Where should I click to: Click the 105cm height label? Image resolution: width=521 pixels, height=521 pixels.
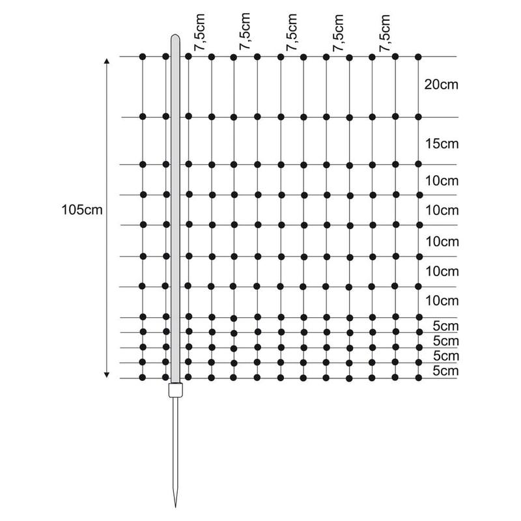tap(82, 210)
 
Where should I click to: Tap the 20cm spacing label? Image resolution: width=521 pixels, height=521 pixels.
tap(442, 85)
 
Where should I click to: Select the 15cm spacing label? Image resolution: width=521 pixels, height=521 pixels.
tap(442, 144)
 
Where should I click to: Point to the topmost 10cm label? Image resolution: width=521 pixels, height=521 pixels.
tap(442, 181)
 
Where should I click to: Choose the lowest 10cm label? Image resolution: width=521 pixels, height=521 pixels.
tap(442, 301)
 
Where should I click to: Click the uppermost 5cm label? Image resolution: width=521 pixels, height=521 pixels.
tap(445, 326)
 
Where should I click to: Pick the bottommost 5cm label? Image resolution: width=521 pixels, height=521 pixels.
tap(445, 371)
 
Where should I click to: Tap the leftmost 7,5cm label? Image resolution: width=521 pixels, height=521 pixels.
tap(200, 32)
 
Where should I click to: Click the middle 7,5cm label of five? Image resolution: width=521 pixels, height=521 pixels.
tap(291, 32)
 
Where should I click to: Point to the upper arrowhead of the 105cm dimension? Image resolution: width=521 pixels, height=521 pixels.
tap(107, 61)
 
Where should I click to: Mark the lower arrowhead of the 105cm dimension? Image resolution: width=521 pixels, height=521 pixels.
tap(107, 375)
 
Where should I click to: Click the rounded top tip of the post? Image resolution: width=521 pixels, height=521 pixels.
tap(175, 35)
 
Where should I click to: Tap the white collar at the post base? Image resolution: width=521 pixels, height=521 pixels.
tap(175, 389)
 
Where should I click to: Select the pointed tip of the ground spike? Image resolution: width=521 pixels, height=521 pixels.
tap(175, 507)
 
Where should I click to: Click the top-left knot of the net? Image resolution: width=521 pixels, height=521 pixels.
tap(143, 57)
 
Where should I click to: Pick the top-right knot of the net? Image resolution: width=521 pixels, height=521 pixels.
tap(418, 57)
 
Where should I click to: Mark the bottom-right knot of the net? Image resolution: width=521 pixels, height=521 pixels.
tap(418, 378)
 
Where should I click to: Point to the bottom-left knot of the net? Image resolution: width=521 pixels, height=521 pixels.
tap(143, 378)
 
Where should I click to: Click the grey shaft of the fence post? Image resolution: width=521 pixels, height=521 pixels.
tap(175, 208)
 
